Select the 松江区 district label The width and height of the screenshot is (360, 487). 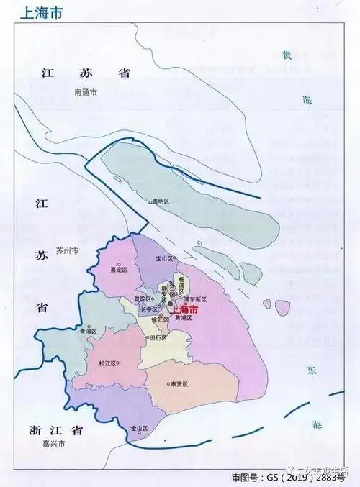pyautogui.click(x=109, y=363)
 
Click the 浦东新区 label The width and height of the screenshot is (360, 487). pyautogui.click(x=195, y=299)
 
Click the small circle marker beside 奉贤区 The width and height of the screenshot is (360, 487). pyautogui.click(x=167, y=385)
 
